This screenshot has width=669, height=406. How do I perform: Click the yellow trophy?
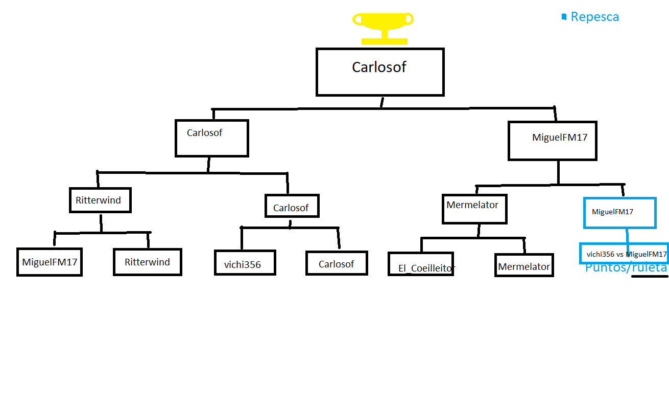(x=383, y=28)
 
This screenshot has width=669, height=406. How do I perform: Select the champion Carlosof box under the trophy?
(x=380, y=72)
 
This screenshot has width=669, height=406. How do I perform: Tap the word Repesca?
(x=594, y=17)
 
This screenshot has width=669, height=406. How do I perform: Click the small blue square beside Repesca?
(x=564, y=17)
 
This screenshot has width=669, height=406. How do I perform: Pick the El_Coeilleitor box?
(x=421, y=264)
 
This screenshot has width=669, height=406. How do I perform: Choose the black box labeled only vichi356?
(x=245, y=263)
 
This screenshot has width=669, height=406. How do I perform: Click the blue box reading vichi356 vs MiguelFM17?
(x=624, y=253)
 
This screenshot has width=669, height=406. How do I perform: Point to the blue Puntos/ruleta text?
(x=626, y=268)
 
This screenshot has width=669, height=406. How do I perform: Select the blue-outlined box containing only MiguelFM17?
(x=619, y=213)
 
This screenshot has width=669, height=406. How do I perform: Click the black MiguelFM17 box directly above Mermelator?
(x=552, y=141)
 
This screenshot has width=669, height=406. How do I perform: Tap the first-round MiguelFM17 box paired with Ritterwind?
(x=50, y=262)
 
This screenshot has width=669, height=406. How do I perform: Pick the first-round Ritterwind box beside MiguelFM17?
(x=147, y=262)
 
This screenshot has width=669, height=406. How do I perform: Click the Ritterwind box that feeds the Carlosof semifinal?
(x=100, y=200)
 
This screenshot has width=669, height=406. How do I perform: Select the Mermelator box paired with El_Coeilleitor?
(x=524, y=265)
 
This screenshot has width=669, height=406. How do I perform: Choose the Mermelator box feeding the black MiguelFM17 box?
(x=474, y=209)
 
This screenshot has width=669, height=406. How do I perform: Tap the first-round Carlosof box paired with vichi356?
(x=337, y=263)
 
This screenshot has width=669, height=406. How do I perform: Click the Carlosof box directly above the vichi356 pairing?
(x=292, y=206)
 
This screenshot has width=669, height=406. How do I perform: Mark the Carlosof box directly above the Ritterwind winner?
(x=211, y=138)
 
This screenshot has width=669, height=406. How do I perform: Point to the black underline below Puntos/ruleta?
(x=650, y=277)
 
